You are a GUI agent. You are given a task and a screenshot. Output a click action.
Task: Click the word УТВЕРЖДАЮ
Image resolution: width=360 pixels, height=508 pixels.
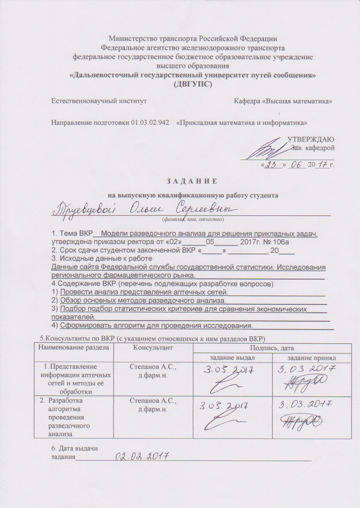point(310,139)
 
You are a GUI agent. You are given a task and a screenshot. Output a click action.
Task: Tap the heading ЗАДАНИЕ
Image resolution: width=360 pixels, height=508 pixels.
point(192,182)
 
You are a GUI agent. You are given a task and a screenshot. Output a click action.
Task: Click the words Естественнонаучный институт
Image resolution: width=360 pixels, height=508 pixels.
point(98,101)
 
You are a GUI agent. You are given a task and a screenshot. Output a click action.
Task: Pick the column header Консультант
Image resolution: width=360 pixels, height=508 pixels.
point(153,348)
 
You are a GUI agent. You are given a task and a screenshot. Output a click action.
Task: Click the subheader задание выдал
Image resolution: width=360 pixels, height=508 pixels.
point(233,358)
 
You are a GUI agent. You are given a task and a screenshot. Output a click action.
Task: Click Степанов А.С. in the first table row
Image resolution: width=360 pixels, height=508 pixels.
point(153,367)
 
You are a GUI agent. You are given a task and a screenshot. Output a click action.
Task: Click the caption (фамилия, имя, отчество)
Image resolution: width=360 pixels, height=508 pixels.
point(192,219)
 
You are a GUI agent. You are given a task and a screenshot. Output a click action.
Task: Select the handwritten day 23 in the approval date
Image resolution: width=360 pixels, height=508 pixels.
point(272,165)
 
